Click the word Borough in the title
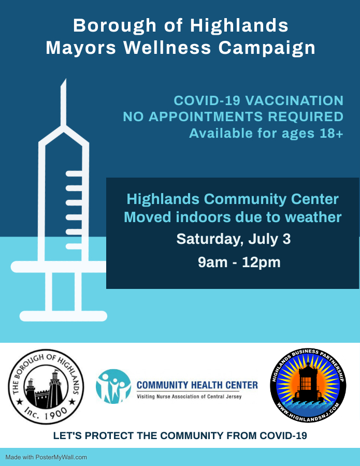(115, 26)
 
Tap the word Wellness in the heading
(167, 48)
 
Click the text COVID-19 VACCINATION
(258, 100)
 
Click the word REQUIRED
(306, 116)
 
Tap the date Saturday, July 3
(234, 239)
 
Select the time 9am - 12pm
(239, 263)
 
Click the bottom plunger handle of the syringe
(63, 316)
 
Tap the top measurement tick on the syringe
(74, 173)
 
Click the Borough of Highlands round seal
(46, 386)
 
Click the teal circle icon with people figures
(113, 386)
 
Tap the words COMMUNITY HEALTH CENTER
(197, 385)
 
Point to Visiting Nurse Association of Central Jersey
(189, 397)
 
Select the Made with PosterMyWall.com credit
(46, 457)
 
